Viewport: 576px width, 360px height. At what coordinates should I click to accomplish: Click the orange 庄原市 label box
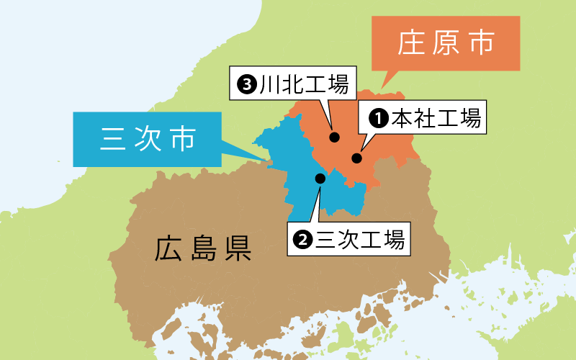(446, 43)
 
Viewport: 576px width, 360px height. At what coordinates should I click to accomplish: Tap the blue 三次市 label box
(148, 139)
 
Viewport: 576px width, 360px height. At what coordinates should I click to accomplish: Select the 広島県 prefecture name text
(202, 248)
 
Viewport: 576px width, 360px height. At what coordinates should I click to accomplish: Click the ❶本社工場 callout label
(425, 118)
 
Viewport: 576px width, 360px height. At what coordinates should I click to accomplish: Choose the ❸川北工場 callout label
(291, 85)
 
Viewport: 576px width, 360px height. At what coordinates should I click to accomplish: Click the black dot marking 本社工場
(356, 158)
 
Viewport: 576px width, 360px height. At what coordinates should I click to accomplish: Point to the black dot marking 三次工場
(320, 178)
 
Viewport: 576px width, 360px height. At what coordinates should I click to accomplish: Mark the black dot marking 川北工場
(334, 137)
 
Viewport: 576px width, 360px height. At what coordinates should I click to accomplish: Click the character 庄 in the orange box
(410, 43)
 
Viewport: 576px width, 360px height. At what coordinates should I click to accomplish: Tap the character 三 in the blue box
(113, 139)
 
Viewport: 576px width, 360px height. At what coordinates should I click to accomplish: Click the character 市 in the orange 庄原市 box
(481, 43)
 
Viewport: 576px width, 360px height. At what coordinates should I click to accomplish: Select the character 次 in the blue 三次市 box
(148, 139)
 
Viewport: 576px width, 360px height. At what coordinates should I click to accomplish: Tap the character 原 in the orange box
(446, 43)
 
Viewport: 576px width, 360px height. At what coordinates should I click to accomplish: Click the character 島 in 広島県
(202, 248)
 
